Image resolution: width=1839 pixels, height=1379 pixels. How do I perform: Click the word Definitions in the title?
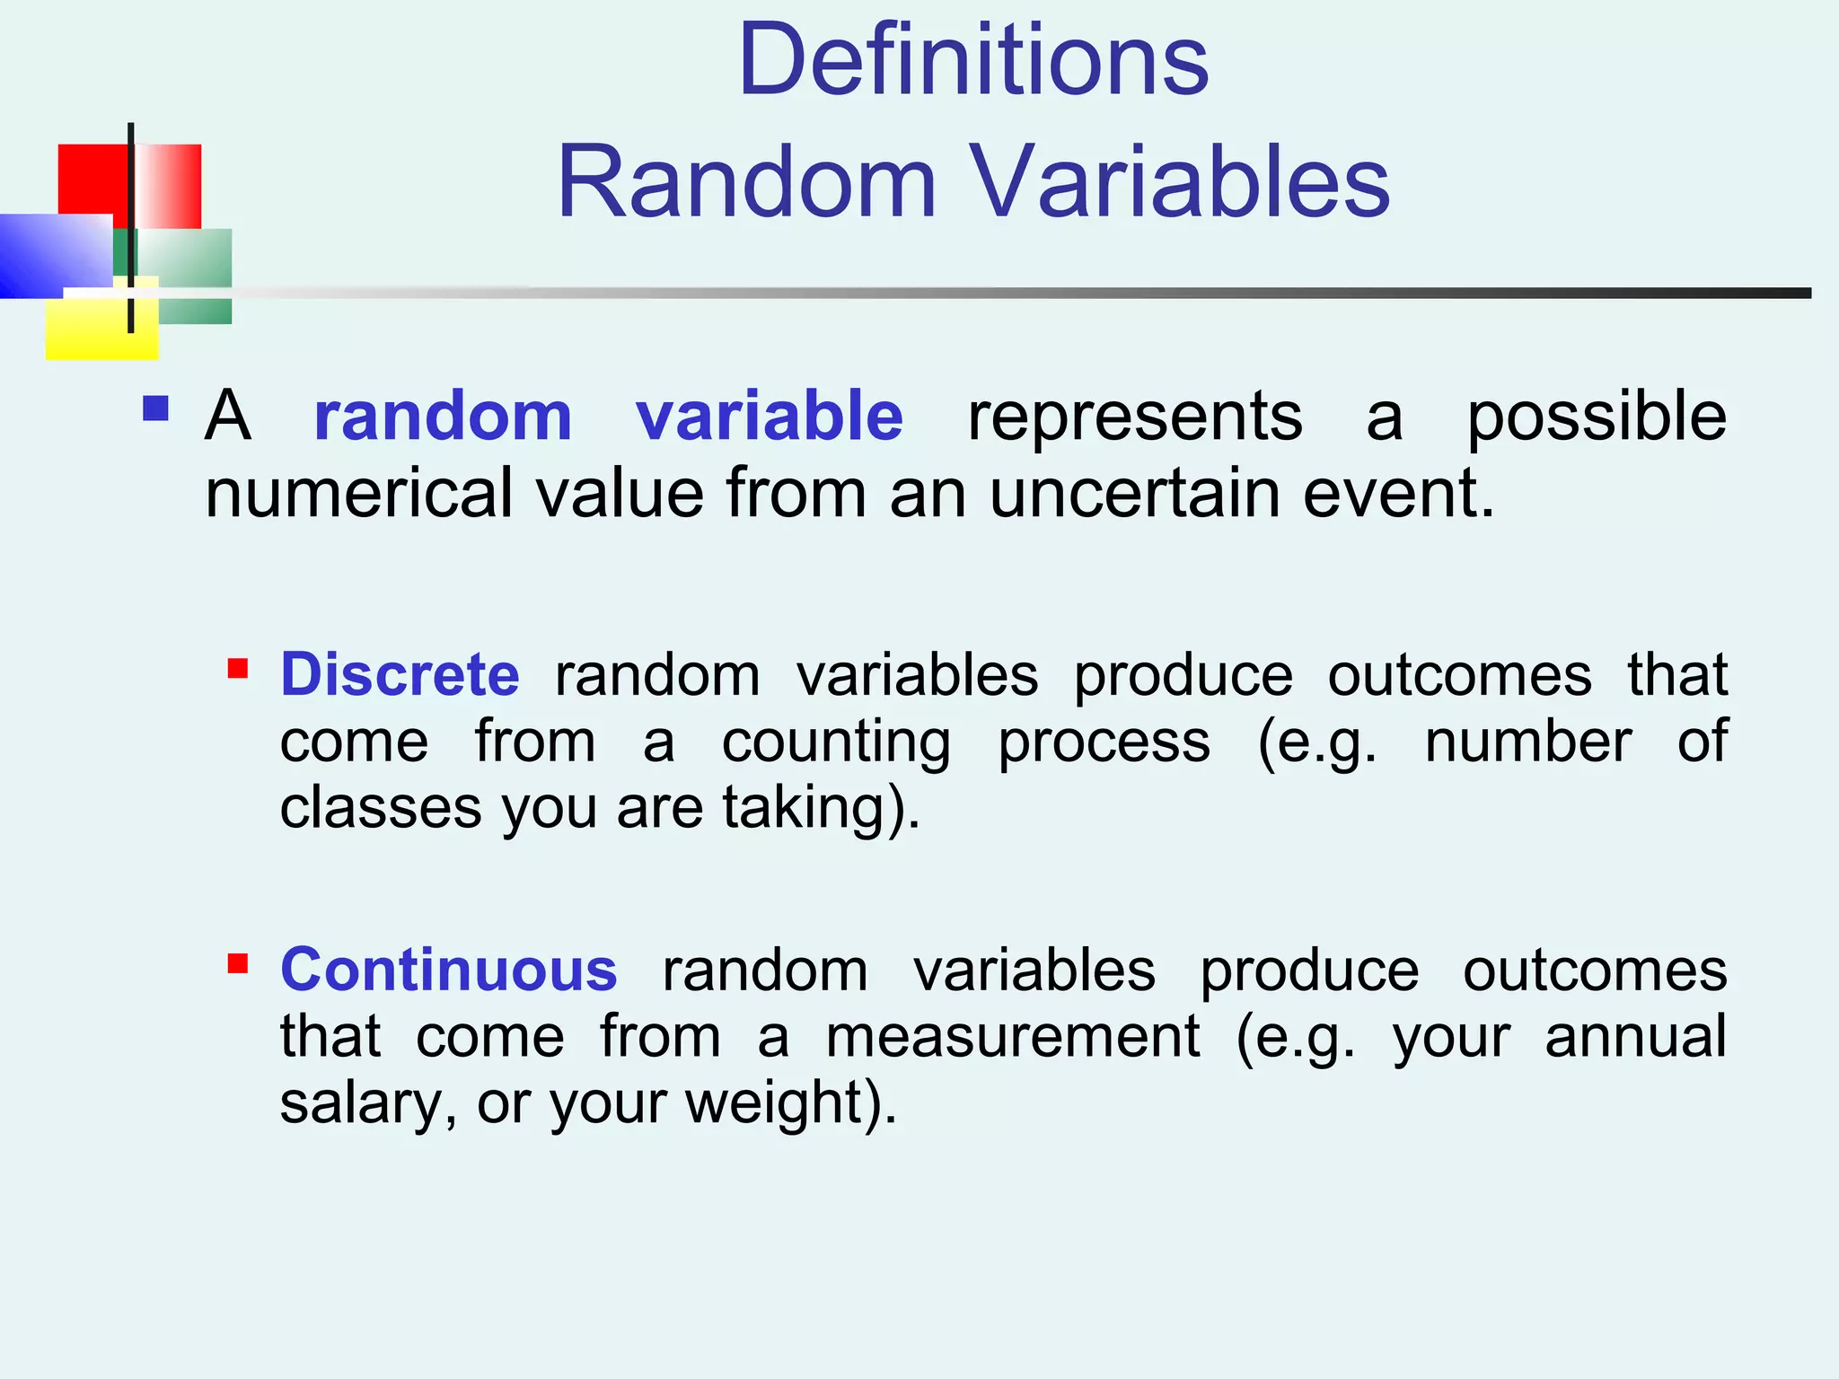(973, 61)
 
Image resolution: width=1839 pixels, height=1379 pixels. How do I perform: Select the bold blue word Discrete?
(400, 674)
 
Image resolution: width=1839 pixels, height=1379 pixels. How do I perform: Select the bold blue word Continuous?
(448, 971)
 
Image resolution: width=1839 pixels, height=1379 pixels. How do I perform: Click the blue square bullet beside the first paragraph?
(156, 409)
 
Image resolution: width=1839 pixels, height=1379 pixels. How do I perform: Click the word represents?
(1134, 417)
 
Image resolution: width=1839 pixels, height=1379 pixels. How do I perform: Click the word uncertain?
(1134, 494)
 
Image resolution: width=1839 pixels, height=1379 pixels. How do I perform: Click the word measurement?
(1012, 1037)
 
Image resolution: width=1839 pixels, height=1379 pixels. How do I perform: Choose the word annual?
(1635, 1037)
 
